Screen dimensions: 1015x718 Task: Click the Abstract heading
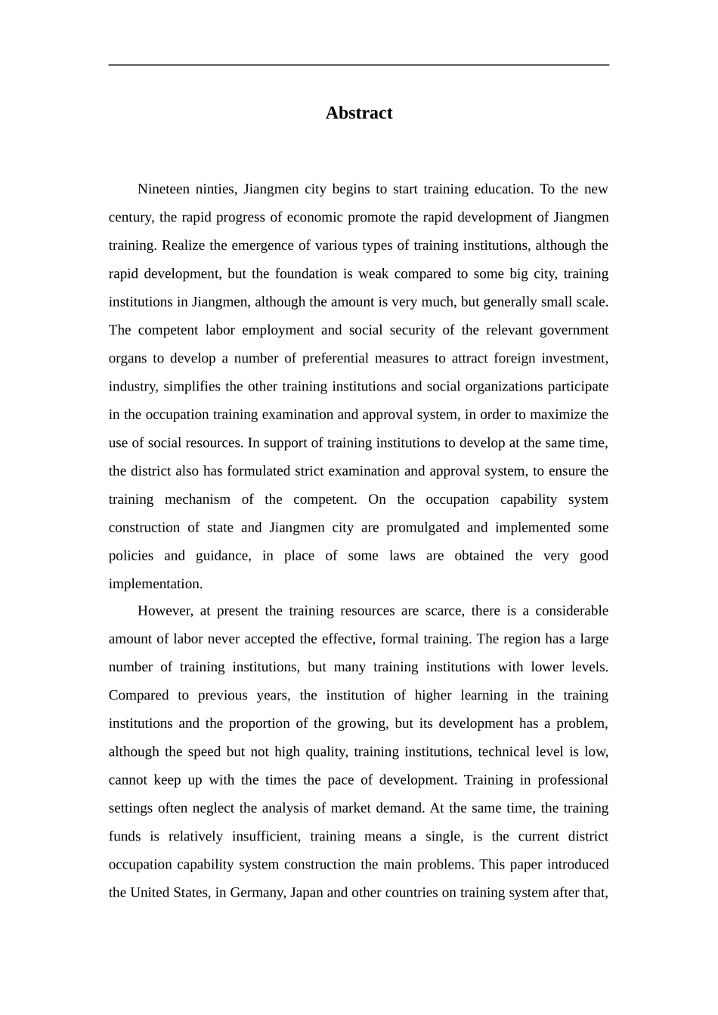coord(358,113)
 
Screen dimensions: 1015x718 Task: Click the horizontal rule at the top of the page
coord(358,65)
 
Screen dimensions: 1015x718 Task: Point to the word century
coord(131,217)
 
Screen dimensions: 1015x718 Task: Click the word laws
coord(402,556)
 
